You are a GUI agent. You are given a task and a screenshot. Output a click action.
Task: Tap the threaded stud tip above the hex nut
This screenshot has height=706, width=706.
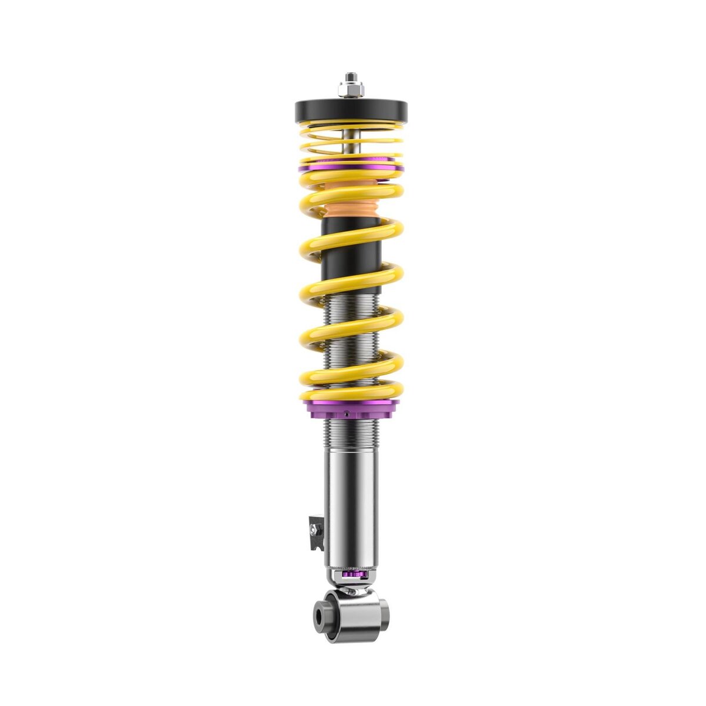351,76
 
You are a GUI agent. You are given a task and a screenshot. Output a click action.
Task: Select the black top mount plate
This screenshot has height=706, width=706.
351,110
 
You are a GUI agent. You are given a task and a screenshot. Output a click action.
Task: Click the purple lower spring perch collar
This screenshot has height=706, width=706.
351,407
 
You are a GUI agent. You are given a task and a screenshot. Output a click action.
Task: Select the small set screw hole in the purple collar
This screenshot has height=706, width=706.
347,413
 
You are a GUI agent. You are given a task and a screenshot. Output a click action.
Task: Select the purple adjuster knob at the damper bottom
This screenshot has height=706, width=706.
352,574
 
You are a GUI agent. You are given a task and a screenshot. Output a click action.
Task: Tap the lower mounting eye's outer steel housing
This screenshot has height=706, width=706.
353,618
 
